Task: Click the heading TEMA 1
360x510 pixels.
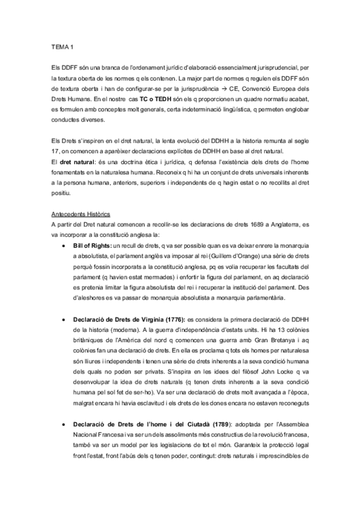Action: click(x=63, y=46)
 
